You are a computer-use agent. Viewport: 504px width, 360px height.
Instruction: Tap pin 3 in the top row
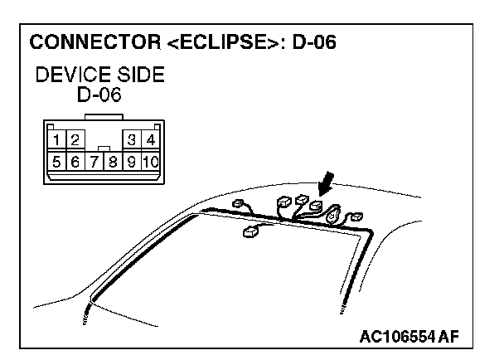pyautogui.click(x=133, y=139)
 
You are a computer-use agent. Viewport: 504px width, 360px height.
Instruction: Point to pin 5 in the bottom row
pyautogui.click(x=56, y=161)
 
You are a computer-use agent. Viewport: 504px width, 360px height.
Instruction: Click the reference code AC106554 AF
pyautogui.click(x=409, y=336)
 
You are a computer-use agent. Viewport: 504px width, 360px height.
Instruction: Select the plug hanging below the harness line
pyautogui.click(x=250, y=234)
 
